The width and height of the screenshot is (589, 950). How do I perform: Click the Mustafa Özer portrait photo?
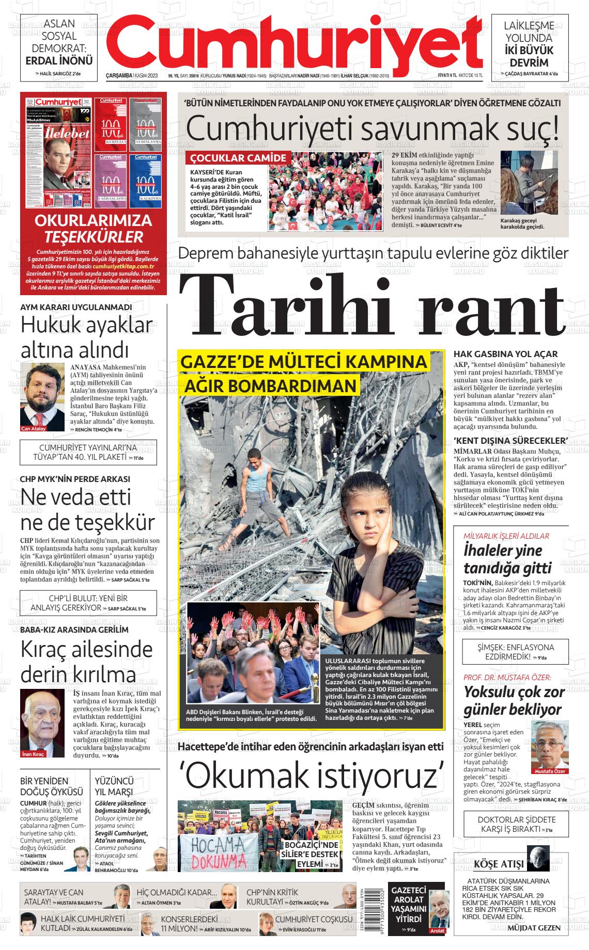pyautogui.click(x=550, y=747)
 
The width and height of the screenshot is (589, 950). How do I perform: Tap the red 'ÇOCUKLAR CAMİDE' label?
pyautogui.click(x=238, y=158)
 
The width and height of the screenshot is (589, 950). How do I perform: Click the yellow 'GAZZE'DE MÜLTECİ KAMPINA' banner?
pyautogui.click(x=304, y=362)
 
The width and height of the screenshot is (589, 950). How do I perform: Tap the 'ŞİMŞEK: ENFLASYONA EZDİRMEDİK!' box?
pyautogui.click(x=516, y=652)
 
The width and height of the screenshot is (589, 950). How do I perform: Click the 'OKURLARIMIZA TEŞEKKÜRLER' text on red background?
pyautogui.click(x=93, y=228)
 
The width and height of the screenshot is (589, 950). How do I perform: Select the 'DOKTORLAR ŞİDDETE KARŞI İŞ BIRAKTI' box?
pyautogui.click(x=516, y=824)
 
